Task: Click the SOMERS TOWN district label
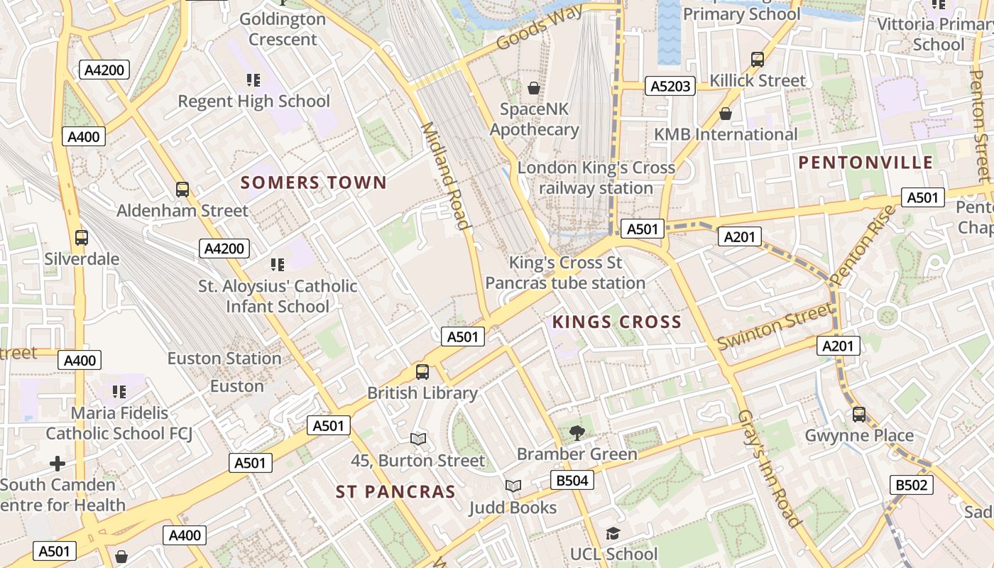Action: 314,182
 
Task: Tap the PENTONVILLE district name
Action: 865,163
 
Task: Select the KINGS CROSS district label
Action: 617,322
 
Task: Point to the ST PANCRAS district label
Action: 395,492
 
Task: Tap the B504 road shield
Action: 572,481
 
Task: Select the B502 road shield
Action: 912,485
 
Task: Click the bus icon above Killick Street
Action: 758,59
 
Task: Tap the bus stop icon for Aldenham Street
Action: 182,190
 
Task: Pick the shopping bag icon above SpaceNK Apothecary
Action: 534,88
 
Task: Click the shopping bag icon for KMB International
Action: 726,114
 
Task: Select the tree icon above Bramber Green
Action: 577,432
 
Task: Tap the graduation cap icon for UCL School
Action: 613,533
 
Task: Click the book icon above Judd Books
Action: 513,486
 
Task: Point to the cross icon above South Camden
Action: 58,464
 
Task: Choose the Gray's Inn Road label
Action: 770,468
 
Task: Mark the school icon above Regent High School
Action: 253,80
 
